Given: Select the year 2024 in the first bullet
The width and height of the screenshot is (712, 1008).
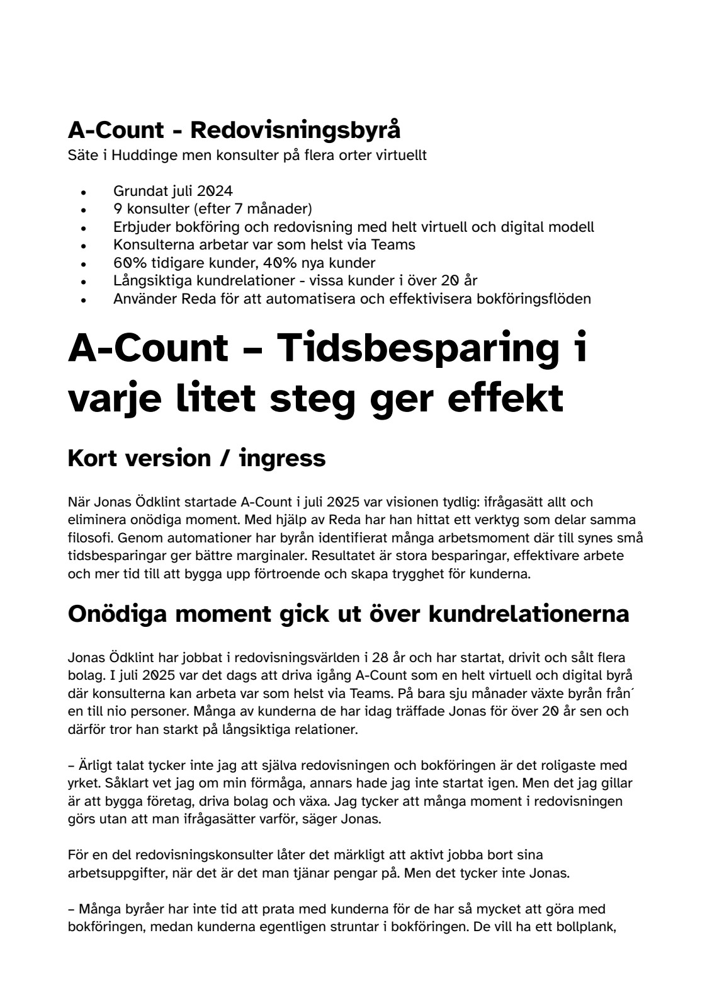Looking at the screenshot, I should tap(215, 191).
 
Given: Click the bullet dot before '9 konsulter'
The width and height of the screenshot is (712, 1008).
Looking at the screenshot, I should tap(83, 209).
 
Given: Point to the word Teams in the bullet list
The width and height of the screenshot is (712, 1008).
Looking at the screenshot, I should tap(396, 244).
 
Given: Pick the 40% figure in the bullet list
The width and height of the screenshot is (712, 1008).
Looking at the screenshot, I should tap(272, 263).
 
